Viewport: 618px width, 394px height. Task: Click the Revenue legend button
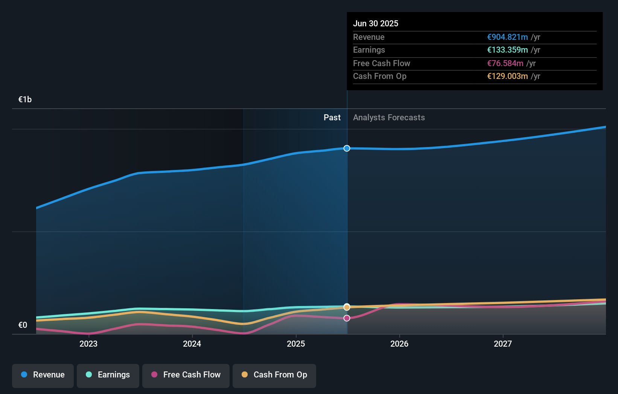43,375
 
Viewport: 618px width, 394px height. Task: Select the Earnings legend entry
108,375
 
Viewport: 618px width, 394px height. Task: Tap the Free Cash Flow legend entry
186,375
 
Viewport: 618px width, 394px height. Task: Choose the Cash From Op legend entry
274,375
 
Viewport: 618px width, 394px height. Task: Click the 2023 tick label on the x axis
88,344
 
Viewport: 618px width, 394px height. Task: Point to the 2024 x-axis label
192,344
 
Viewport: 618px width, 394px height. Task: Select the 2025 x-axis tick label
296,344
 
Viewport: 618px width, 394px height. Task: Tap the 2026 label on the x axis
399,344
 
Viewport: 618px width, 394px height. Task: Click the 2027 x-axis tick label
503,344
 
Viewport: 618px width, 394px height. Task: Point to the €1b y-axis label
25,100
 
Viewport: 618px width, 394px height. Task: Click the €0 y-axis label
23,325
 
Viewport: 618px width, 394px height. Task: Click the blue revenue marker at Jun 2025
347,149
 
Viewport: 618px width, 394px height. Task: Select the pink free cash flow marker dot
347,318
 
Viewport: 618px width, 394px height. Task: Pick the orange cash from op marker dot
347,308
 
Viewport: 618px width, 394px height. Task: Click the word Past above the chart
332,118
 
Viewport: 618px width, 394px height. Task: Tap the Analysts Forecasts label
389,118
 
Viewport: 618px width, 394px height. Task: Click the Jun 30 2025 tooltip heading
376,23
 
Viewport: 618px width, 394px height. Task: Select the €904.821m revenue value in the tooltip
507,37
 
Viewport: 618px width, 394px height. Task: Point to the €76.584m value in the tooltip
505,64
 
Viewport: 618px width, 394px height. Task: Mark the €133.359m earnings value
507,50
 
